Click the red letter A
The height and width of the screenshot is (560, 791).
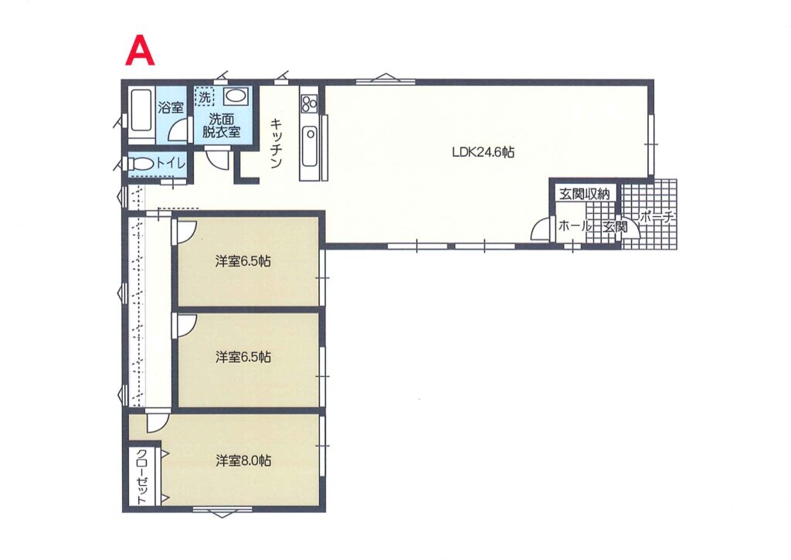(x=140, y=51)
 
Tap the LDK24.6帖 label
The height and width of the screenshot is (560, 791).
(x=483, y=152)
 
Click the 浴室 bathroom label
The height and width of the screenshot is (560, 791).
(x=171, y=107)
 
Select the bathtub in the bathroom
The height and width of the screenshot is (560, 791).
(x=141, y=117)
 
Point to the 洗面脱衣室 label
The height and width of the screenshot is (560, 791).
(x=222, y=126)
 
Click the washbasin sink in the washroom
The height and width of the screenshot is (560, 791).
(x=235, y=96)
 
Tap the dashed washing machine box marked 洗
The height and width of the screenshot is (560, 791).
(x=204, y=97)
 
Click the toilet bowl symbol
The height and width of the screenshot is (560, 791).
(x=141, y=165)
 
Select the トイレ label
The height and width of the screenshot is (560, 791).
(x=171, y=164)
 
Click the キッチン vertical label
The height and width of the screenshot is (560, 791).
(x=276, y=143)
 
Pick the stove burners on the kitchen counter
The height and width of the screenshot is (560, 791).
(x=309, y=104)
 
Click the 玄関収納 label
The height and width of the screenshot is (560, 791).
(x=584, y=194)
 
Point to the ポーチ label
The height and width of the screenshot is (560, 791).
(x=657, y=218)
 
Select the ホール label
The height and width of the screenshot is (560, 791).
(x=574, y=226)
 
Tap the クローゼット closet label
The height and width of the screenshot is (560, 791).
(x=142, y=477)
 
